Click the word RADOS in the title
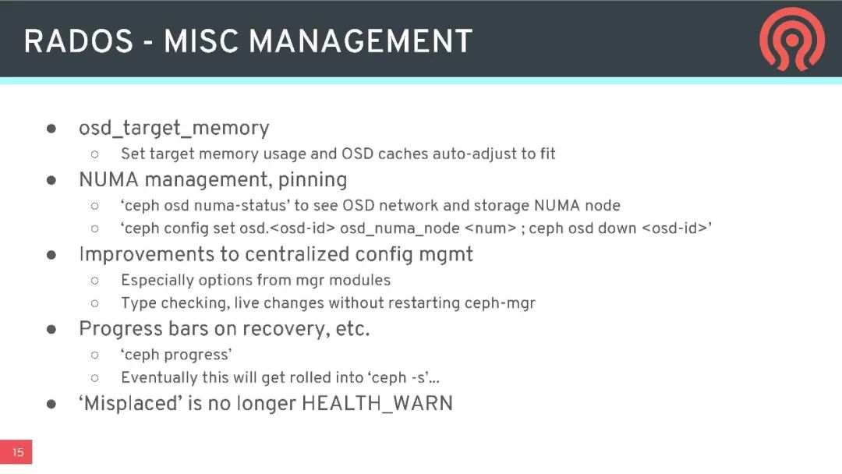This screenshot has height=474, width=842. tap(79, 41)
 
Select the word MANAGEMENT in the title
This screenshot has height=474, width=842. tap(360, 41)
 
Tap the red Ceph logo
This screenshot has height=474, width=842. tap(791, 39)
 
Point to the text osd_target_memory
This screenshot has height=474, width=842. tap(174, 129)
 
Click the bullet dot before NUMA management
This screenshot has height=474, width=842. tap(51, 180)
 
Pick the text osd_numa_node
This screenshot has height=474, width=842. tap(399, 228)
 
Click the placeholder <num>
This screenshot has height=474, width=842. tap(490, 228)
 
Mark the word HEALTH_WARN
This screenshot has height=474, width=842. tap(377, 404)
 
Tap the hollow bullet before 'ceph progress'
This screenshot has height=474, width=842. tap(95, 355)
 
